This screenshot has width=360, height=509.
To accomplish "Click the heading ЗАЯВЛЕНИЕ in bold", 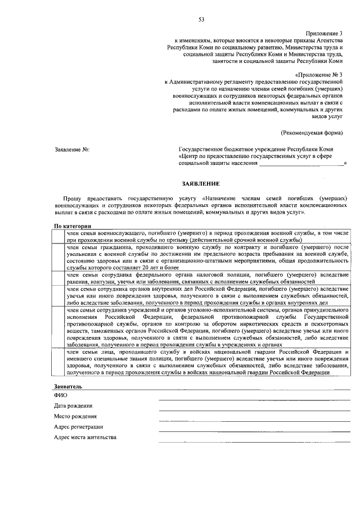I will click(x=201, y=184).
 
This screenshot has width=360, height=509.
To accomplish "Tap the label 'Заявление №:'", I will click(x=71, y=150).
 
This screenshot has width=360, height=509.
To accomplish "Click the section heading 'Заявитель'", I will click(x=68, y=387).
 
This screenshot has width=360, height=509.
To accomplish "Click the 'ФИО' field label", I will click(x=60, y=395).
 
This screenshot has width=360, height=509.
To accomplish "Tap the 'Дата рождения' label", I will click(x=74, y=406).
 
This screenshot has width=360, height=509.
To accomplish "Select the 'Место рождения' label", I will click(x=75, y=416).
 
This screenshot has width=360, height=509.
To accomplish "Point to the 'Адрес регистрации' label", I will click(x=78, y=427).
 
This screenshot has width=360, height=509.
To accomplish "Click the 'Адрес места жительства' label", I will click(x=85, y=438).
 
